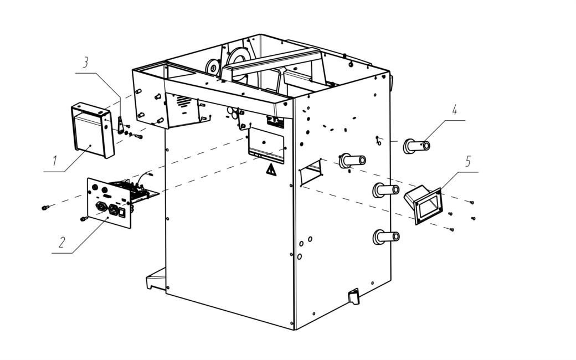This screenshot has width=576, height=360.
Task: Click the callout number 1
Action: pos(55,161)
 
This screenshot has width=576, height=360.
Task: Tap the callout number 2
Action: pos(62,242)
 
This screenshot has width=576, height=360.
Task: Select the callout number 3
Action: pos(86,63)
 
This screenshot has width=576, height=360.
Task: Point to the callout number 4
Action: pos(455,110)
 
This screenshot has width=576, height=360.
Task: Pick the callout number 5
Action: pos(468,161)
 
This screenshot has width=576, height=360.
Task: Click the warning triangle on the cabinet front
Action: pos(271,170)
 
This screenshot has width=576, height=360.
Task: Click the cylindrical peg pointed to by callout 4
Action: pos(416,146)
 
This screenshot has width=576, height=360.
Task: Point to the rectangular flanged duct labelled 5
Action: pos(423,205)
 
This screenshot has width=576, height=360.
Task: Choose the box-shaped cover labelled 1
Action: pos(93,130)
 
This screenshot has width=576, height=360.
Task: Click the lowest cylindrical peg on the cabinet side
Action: pos(386,237)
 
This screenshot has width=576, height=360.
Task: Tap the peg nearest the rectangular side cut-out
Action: pos(352,161)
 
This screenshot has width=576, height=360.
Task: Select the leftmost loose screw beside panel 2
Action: pos(45,208)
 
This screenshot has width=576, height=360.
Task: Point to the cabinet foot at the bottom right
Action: pos(354,296)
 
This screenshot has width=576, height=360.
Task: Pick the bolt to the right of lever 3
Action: pos(138,137)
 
